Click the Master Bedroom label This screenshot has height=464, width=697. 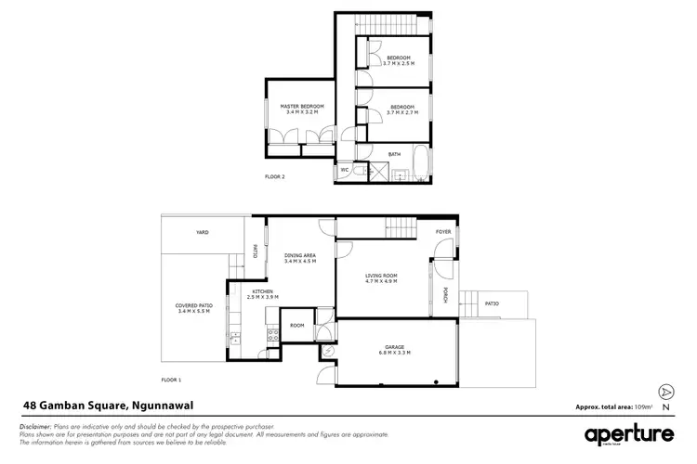[302, 107]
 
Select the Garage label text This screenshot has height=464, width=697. [395, 348]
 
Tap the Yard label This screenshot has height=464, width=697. [202, 232]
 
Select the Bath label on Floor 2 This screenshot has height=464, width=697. [394, 154]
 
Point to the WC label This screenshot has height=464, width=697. [344, 170]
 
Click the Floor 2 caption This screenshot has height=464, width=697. [276, 175]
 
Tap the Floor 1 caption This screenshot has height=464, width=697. [171, 380]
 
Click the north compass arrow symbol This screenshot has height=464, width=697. [665, 393]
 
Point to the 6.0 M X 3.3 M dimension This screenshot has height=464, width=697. [395, 354]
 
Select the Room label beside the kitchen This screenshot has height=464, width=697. [296, 326]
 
